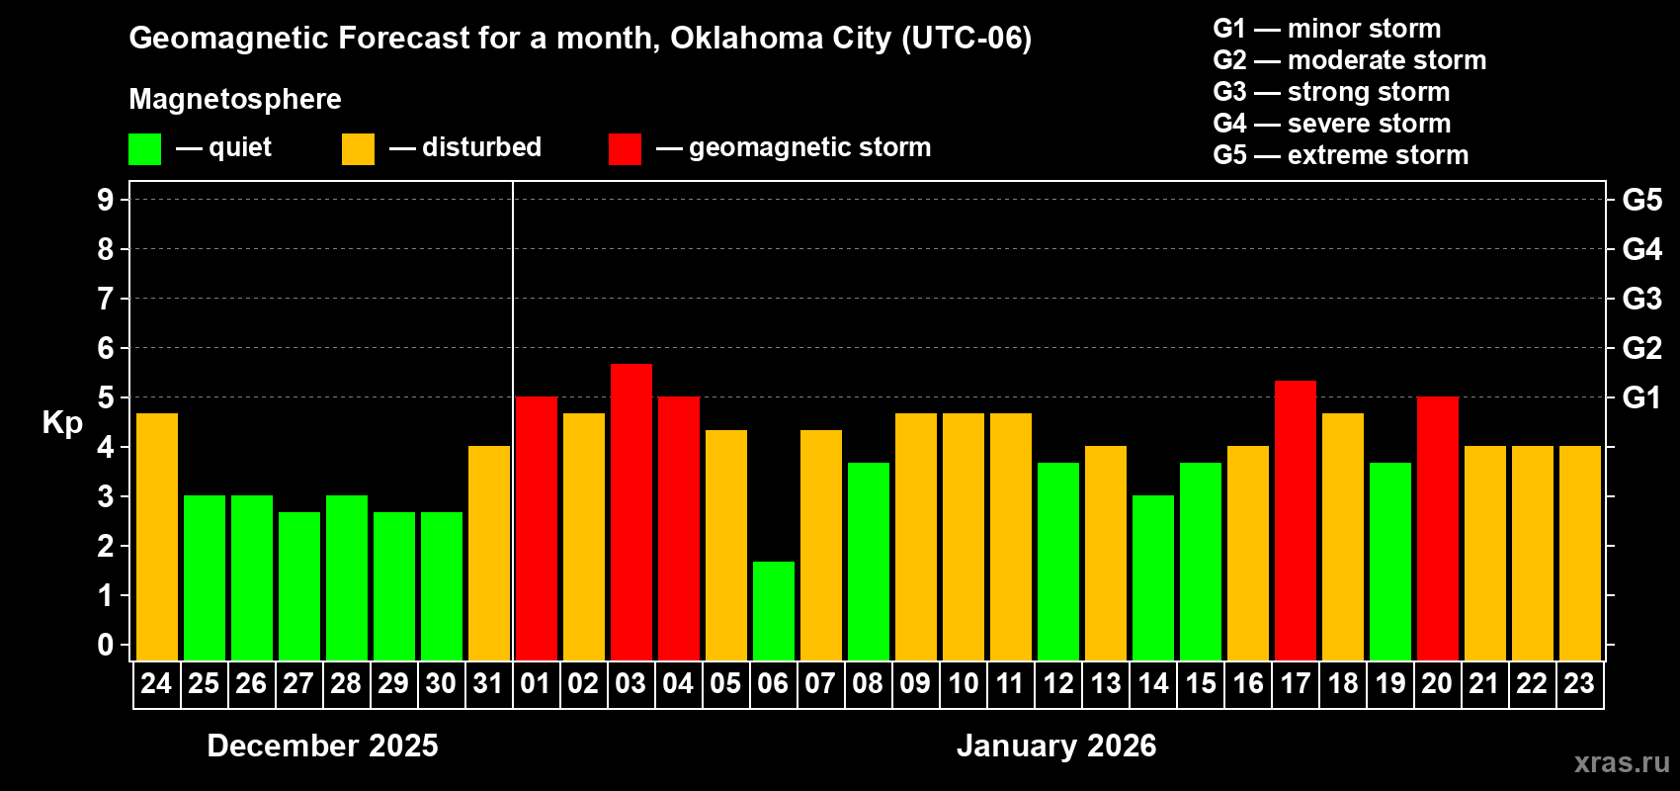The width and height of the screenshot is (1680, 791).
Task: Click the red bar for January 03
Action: point(630,511)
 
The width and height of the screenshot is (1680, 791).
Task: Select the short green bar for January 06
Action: point(773,610)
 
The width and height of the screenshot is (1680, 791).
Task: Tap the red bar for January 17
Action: point(1295,520)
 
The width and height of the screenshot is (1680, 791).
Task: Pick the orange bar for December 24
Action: point(156,536)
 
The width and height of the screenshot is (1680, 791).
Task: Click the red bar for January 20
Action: point(1437,528)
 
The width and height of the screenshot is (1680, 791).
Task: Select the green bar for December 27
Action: point(298,585)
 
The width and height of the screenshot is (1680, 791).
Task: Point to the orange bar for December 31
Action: point(488,553)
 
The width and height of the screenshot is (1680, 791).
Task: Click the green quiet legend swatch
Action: point(144,149)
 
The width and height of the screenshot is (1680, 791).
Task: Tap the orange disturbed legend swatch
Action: point(358,149)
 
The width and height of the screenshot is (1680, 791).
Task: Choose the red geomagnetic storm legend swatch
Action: point(625,149)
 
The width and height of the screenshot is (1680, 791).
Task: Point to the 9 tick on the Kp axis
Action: point(106,200)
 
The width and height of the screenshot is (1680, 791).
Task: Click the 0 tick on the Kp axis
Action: point(106,646)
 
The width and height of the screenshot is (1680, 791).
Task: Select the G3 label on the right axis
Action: point(1641,299)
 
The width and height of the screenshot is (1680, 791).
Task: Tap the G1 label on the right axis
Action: point(1641,397)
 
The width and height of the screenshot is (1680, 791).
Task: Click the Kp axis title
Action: point(62,422)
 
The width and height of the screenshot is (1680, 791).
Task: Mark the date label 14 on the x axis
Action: point(1152,683)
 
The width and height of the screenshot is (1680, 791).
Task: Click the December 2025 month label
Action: point(322,746)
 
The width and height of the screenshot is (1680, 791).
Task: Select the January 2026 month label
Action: point(1055,746)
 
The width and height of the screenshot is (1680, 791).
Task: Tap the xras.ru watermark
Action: point(1621,762)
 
